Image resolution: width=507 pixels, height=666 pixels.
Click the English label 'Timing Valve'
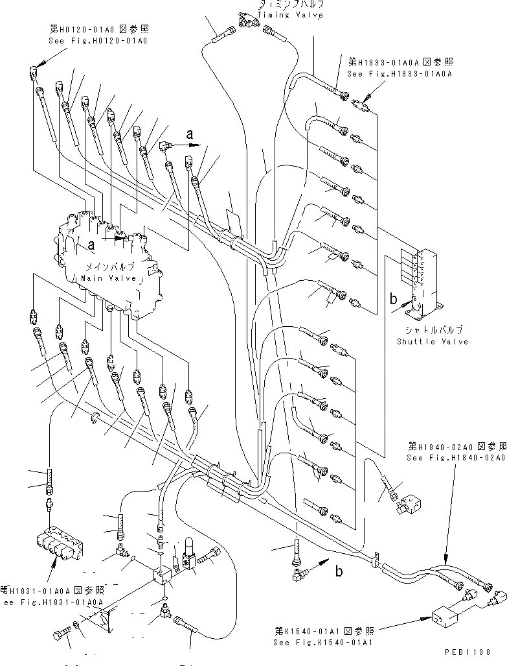pos(290,15)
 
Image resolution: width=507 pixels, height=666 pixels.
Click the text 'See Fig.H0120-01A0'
pos(98,40)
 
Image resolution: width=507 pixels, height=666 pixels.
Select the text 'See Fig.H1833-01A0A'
pos(400,74)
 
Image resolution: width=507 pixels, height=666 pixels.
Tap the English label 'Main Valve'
pos(109,278)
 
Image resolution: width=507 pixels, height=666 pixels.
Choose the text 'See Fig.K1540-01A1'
pos(328,642)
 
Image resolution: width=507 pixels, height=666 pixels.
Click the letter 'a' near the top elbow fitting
pos(189,134)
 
